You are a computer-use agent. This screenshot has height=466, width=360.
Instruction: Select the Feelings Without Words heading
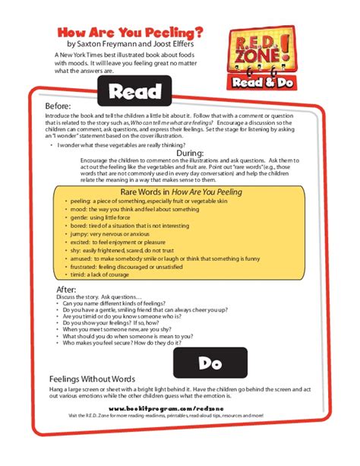click(x=92, y=379)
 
